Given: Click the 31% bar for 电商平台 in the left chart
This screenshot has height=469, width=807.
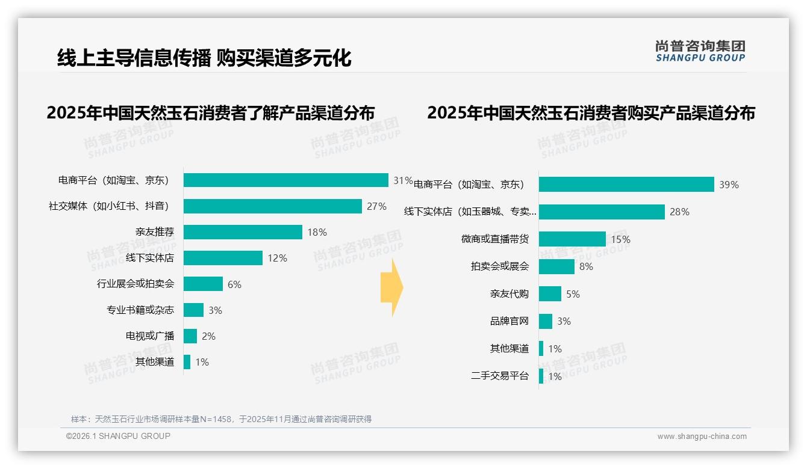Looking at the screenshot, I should [x=285, y=180].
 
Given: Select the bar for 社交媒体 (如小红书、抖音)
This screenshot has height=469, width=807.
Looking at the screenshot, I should [x=272, y=206].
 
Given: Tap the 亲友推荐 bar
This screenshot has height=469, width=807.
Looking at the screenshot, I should [x=243, y=232].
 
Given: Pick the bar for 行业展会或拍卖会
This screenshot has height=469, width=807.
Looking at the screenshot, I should [x=203, y=284].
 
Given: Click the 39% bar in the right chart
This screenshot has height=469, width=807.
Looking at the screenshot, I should [x=626, y=185].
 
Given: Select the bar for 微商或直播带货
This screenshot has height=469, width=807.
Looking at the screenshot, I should [x=572, y=239].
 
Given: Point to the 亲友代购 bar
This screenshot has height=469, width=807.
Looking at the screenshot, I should [x=550, y=294].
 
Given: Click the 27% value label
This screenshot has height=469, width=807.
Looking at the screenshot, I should [x=376, y=206].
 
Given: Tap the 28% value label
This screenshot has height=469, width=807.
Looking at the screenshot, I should [x=679, y=212].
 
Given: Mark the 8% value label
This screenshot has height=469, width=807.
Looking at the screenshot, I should [x=586, y=266].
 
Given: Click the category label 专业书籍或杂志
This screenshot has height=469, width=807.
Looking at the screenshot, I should [x=140, y=310].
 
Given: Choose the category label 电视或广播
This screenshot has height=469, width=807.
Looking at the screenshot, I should [x=150, y=336].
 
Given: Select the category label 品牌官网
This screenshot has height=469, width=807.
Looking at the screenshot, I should [x=509, y=321].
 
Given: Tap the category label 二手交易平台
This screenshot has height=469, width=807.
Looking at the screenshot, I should [x=500, y=376].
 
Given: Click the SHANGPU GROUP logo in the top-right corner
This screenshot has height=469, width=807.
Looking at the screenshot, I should [x=700, y=51].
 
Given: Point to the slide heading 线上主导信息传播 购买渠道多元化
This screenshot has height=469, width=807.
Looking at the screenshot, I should [x=204, y=58].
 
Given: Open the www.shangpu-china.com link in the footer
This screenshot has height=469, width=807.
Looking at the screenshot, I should [x=702, y=437].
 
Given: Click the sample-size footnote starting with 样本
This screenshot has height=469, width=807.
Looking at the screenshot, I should [x=221, y=419].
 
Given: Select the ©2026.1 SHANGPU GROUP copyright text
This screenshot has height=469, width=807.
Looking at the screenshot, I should [x=118, y=436].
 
